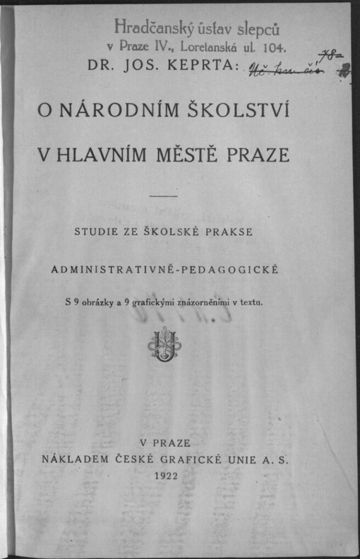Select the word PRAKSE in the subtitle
pyautogui.click(x=236, y=232)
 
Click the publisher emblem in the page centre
pyautogui.click(x=164, y=344)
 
